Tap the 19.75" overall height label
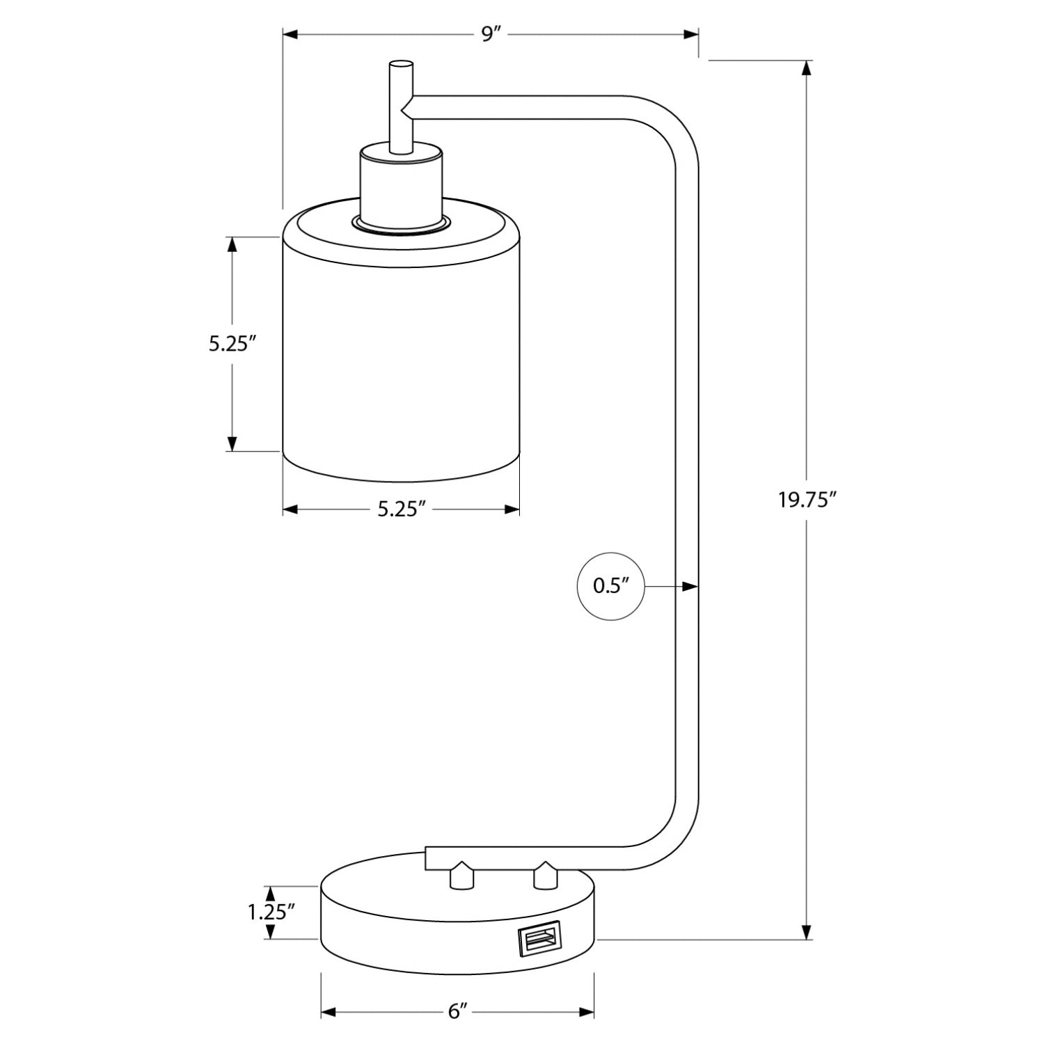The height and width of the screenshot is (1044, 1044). (x=807, y=500)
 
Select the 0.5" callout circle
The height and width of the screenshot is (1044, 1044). (x=610, y=586)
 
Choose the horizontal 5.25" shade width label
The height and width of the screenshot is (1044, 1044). (x=402, y=509)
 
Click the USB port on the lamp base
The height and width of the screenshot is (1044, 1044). (x=539, y=940)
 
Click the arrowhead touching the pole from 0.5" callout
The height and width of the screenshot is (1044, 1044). (x=690, y=587)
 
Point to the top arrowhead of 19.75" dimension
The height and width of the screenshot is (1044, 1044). (x=807, y=68)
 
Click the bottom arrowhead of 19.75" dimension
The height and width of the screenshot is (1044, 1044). (x=807, y=931)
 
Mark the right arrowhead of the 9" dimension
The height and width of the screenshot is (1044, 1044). (x=690, y=34)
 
